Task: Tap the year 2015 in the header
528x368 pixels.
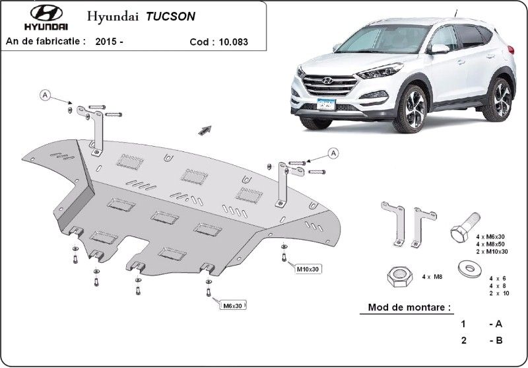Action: point(109,41)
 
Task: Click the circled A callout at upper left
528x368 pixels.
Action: point(46,95)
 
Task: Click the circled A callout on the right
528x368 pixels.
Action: point(333,153)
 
